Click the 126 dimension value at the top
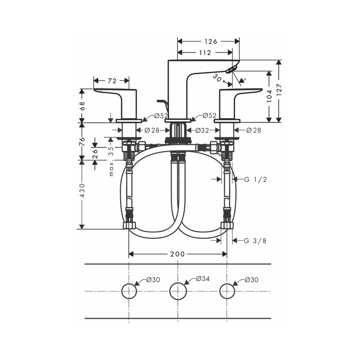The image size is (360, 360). coord(208,42)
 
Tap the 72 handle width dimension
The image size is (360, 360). coord(112,80)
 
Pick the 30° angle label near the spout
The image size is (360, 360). coord(218,78)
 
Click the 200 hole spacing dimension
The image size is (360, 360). coord(177,254)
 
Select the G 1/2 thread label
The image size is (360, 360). coord(255,179)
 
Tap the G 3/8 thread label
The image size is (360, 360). coord(255,241)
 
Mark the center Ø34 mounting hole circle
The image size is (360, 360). coord(177,291)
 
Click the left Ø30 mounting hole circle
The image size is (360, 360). coord(129,291)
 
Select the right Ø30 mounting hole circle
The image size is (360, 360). coord(227,291)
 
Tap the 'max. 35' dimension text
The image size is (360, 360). coord(111,161)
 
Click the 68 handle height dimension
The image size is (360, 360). coord(83,106)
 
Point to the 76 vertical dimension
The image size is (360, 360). coord(83,141)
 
